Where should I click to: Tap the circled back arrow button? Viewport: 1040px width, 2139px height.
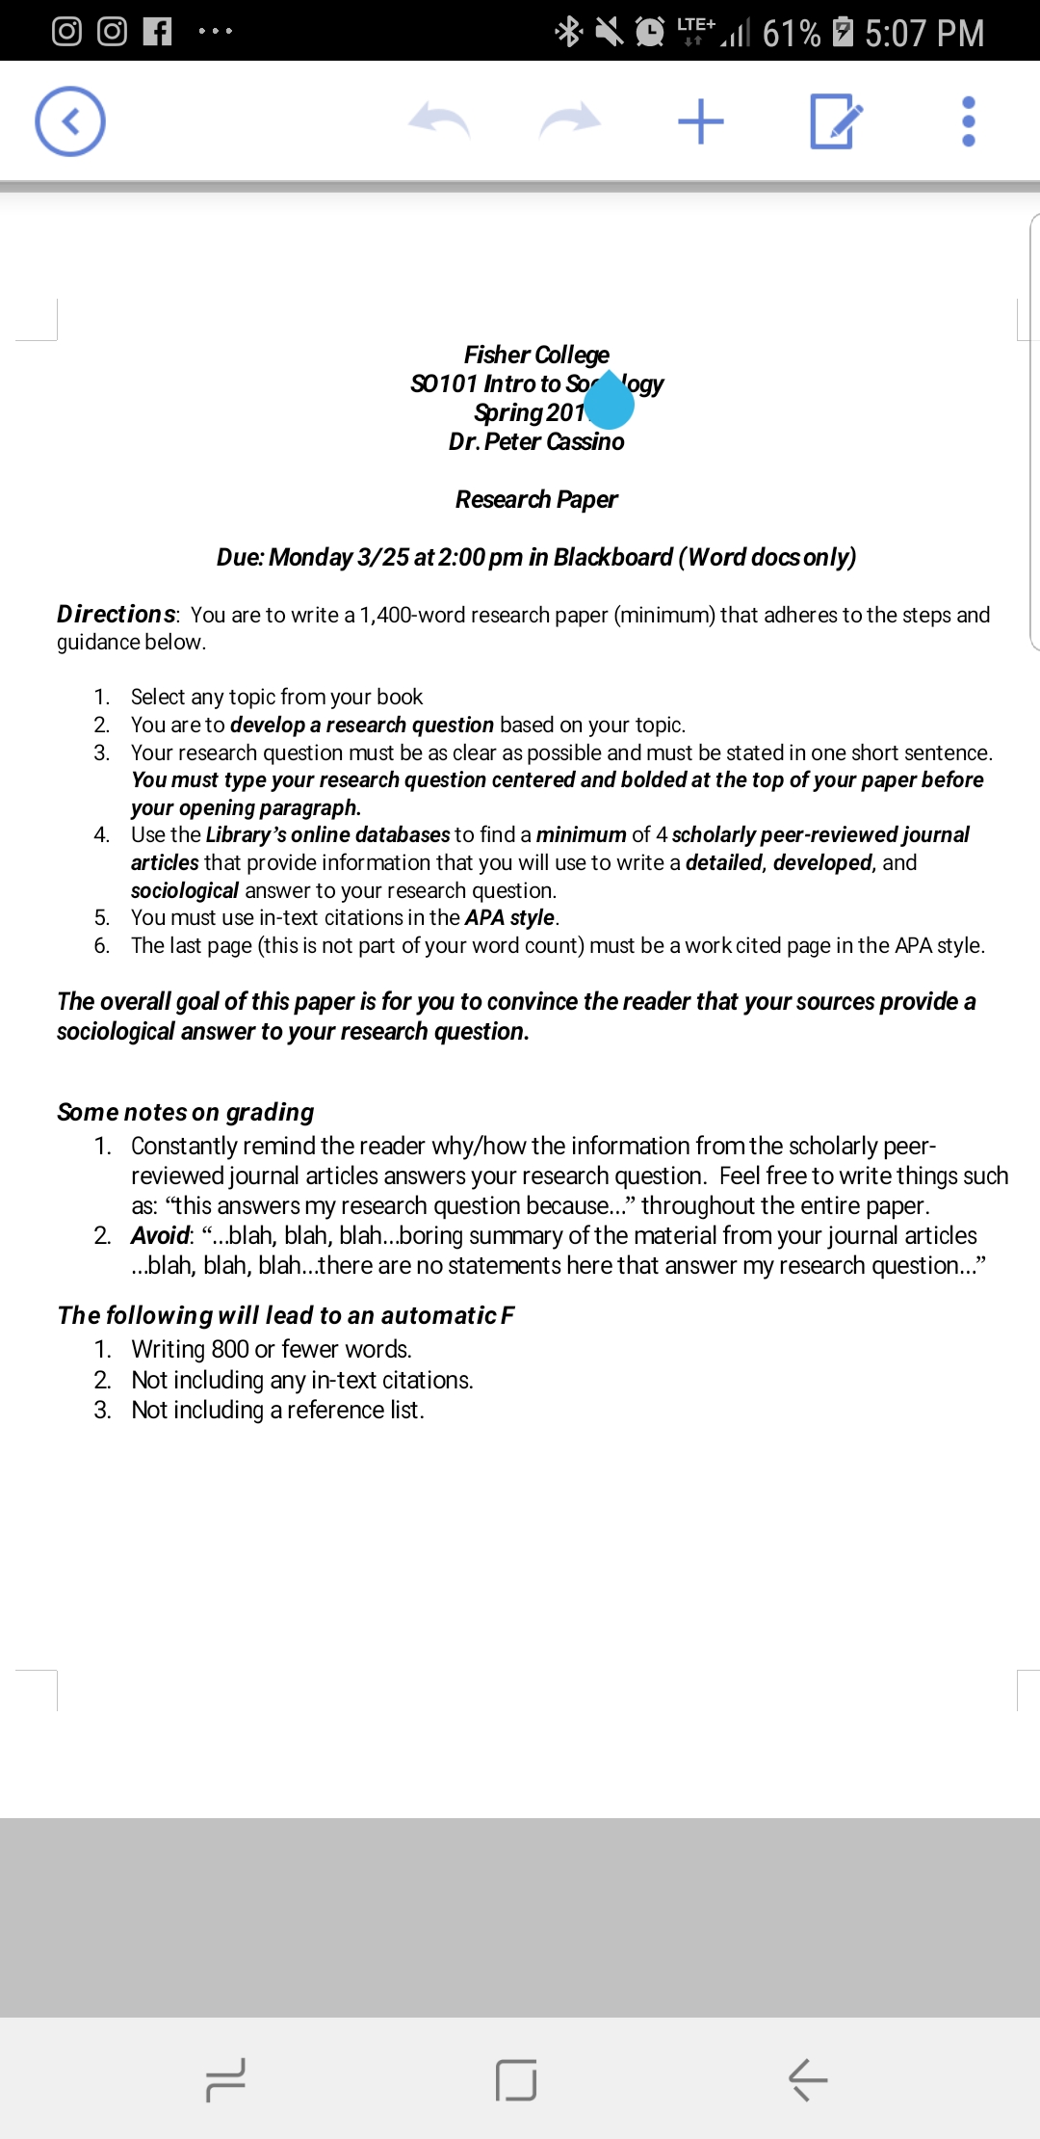click(70, 121)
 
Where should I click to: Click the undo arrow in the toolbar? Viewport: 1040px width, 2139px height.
click(439, 121)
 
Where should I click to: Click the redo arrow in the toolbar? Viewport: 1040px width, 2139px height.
click(570, 121)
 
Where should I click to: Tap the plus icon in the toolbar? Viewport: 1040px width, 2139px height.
click(701, 121)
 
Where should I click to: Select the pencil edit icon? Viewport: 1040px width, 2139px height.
click(835, 121)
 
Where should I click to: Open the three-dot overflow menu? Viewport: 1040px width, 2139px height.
click(969, 121)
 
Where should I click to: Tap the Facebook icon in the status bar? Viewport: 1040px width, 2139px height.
click(157, 32)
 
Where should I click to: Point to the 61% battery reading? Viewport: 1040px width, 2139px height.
click(792, 34)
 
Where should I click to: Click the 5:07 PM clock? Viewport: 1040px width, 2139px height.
click(924, 34)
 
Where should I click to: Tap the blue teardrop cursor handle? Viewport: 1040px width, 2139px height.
click(610, 403)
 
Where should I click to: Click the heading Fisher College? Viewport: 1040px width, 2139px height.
click(536, 355)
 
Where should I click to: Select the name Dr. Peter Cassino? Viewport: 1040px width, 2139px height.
click(536, 441)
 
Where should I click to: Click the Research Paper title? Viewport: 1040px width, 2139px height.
click(536, 499)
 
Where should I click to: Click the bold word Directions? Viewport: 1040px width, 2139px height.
click(117, 615)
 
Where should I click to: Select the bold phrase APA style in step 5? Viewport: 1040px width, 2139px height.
click(509, 917)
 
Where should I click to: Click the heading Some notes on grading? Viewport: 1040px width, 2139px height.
click(186, 1112)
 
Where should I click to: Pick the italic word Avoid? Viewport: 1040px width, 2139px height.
click(161, 1235)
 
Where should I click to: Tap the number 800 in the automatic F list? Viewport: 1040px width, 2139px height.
click(230, 1349)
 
